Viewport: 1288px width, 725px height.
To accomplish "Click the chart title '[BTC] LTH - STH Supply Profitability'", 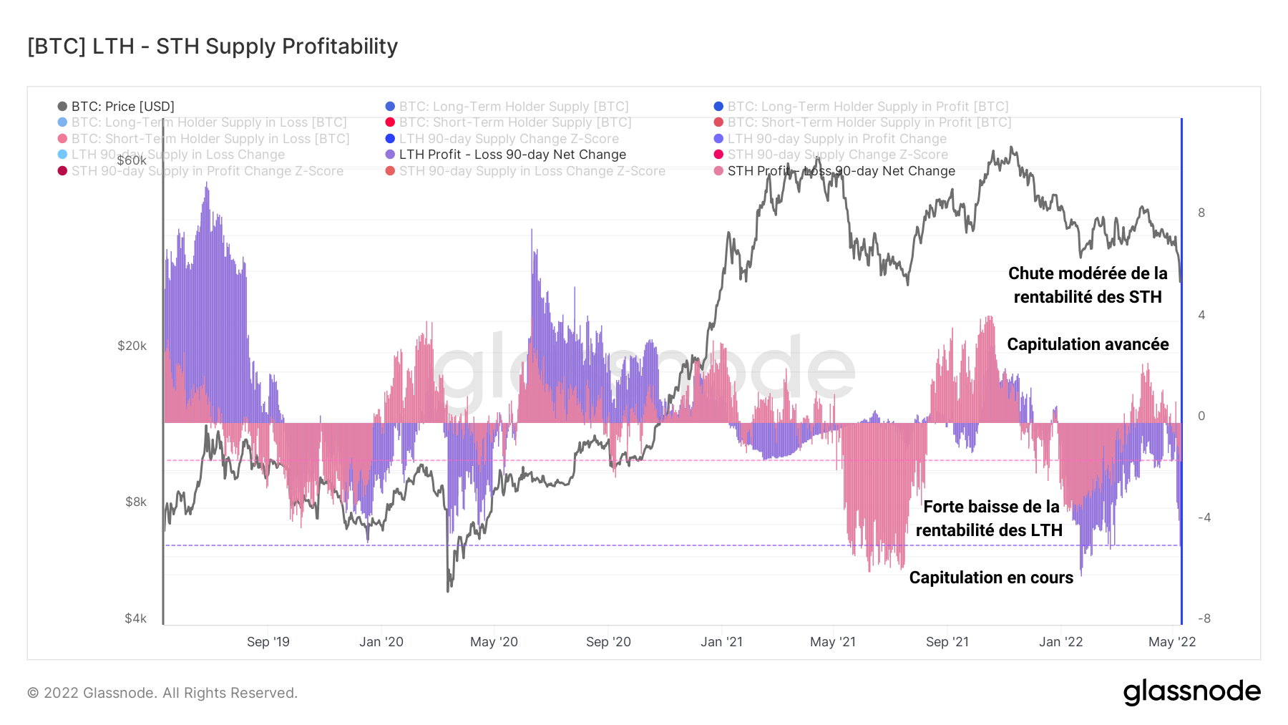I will pos(213,47).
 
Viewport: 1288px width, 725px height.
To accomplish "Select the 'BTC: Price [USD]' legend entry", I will pos(122,107).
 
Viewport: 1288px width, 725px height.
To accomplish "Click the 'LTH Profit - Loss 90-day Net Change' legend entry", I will pos(512,155).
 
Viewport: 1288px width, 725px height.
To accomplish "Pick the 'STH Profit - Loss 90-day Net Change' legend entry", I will pos(841,171).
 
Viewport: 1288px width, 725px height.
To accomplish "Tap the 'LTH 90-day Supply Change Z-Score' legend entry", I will pos(509,139).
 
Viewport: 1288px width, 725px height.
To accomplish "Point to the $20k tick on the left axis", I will pos(132,346).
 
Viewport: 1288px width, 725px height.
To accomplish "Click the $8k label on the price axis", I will pos(136,502).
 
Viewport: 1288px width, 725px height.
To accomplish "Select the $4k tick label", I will pos(135,618).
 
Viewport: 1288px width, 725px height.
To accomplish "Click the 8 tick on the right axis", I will pos(1201,213).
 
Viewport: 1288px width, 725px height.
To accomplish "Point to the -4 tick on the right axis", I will pos(1204,517).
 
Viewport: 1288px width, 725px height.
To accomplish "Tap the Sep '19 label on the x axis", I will pos(268,642).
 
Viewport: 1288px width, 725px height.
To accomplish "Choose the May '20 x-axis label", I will pos(494,642).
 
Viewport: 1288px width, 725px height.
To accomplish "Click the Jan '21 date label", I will pos(721,642).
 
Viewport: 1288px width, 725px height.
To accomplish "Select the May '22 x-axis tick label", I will pos(1172,642).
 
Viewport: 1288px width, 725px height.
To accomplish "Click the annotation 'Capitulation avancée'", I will pos(1088,344).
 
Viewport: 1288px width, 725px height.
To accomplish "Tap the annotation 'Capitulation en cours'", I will pos(991,578).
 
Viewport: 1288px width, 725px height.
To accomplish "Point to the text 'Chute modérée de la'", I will pos(1088,273).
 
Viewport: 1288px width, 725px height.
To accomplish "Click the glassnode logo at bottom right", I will pos(1191,692).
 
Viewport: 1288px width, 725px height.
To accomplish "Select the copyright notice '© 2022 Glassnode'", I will pos(162,693).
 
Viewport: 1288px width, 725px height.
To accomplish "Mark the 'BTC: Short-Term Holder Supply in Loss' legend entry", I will pos(210,139).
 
